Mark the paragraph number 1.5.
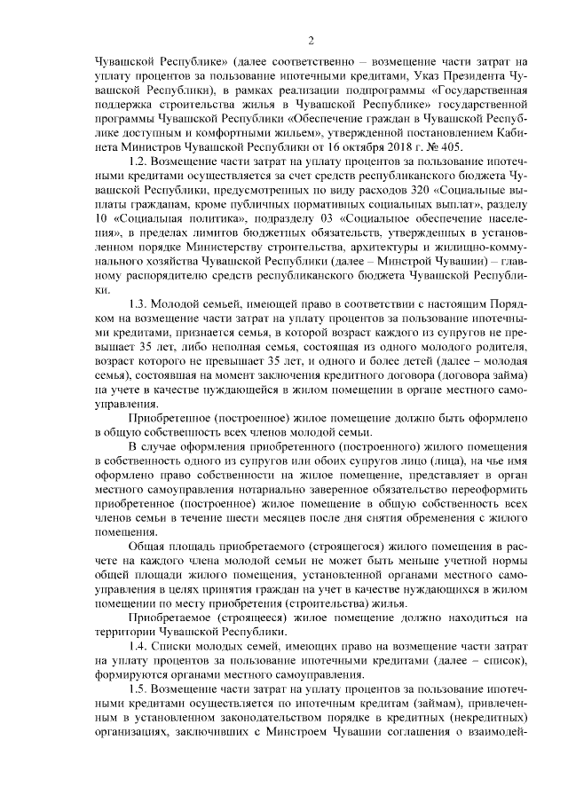[x=143, y=689]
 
